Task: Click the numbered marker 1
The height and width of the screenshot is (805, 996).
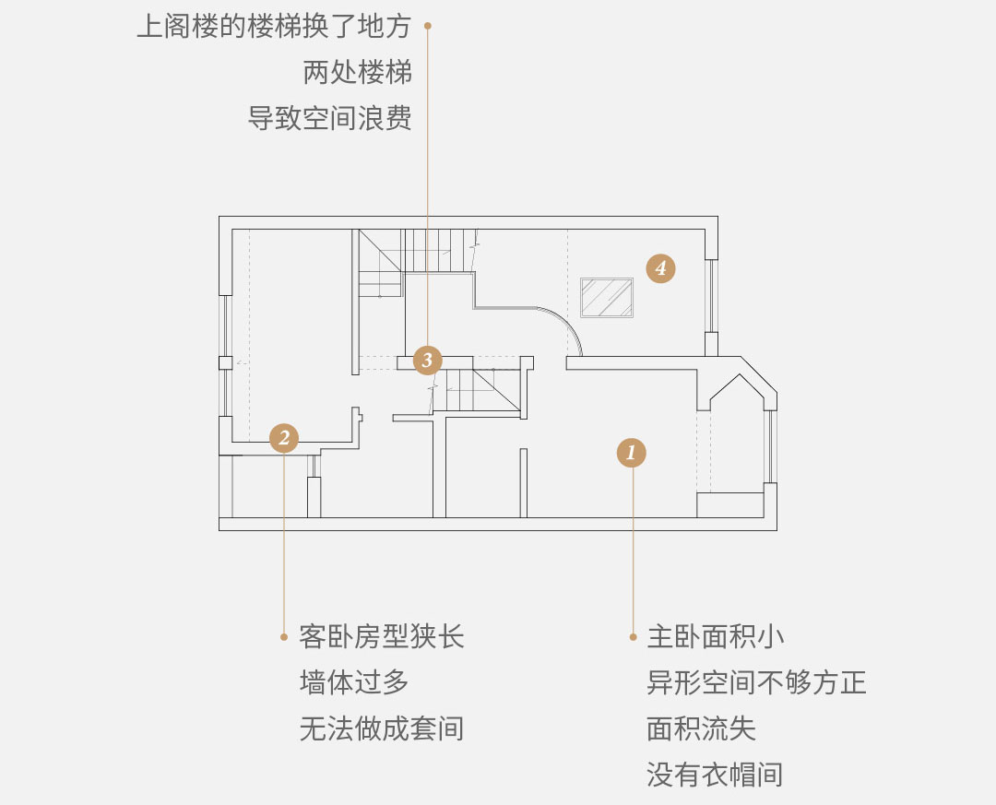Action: click(x=631, y=453)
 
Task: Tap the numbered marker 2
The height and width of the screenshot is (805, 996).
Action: click(x=284, y=438)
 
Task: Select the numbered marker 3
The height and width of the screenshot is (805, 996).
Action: click(x=428, y=361)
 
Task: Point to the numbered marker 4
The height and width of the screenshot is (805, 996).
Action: click(x=660, y=268)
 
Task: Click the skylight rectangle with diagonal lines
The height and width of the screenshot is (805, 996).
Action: click(x=607, y=297)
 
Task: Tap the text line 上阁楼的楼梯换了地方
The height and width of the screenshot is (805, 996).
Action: click(x=275, y=27)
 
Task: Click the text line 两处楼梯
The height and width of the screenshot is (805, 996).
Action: click(x=358, y=73)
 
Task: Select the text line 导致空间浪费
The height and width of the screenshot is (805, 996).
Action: click(x=329, y=118)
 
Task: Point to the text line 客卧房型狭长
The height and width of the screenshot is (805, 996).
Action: click(x=382, y=636)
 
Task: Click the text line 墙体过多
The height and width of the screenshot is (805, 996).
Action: click(x=354, y=682)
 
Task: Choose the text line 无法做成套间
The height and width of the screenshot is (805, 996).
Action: click(x=382, y=728)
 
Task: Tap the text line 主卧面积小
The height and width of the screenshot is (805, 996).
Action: click(x=716, y=636)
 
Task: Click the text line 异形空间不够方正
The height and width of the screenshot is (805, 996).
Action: click(x=756, y=682)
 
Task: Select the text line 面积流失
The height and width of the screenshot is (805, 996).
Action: click(x=701, y=728)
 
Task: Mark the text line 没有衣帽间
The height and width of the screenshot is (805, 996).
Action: click(x=716, y=775)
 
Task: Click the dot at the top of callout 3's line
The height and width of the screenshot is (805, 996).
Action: click(x=428, y=26)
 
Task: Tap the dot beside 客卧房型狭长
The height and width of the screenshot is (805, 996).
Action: click(x=284, y=636)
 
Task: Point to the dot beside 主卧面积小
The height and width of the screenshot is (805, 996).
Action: click(x=633, y=636)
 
